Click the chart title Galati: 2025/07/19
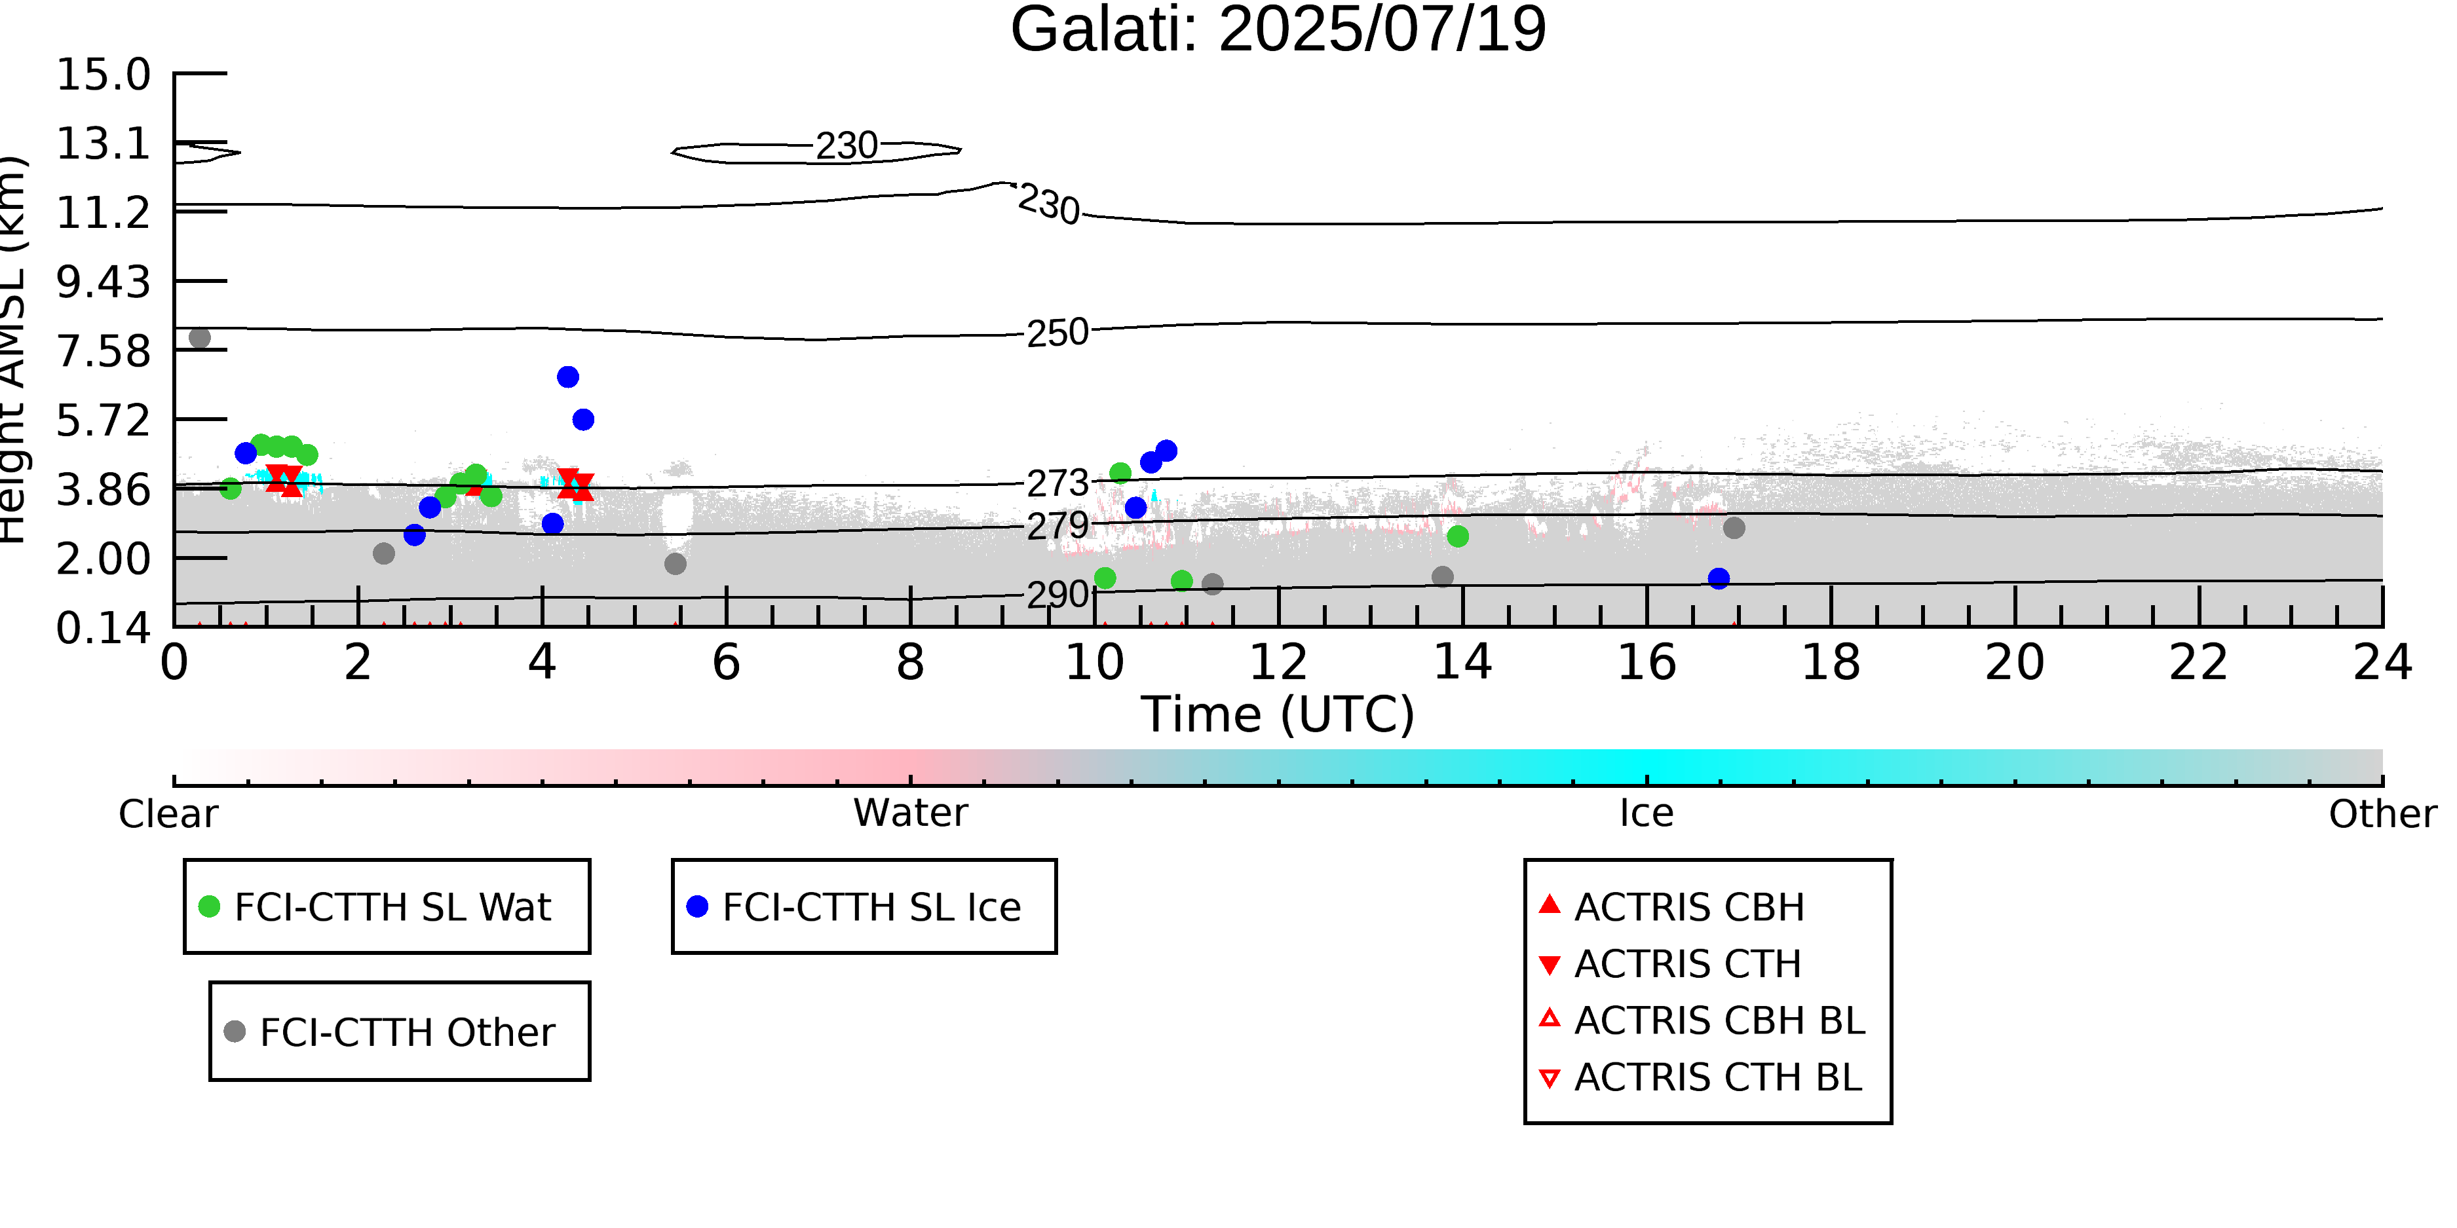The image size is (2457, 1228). tap(1278, 31)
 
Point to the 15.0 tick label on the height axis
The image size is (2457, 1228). tap(103, 75)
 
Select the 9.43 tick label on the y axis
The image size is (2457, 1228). tap(103, 282)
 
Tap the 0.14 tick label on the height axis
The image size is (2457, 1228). tap(103, 628)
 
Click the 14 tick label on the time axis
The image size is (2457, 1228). tap(1462, 663)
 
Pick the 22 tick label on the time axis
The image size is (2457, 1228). tap(2198, 663)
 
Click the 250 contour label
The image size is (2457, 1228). tap(1057, 333)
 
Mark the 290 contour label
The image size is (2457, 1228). tap(1057, 595)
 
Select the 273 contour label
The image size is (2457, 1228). tap(1057, 483)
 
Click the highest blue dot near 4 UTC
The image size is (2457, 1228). tap(567, 377)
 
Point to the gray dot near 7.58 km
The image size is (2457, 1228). tap(199, 337)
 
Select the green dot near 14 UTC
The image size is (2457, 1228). tap(1457, 537)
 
